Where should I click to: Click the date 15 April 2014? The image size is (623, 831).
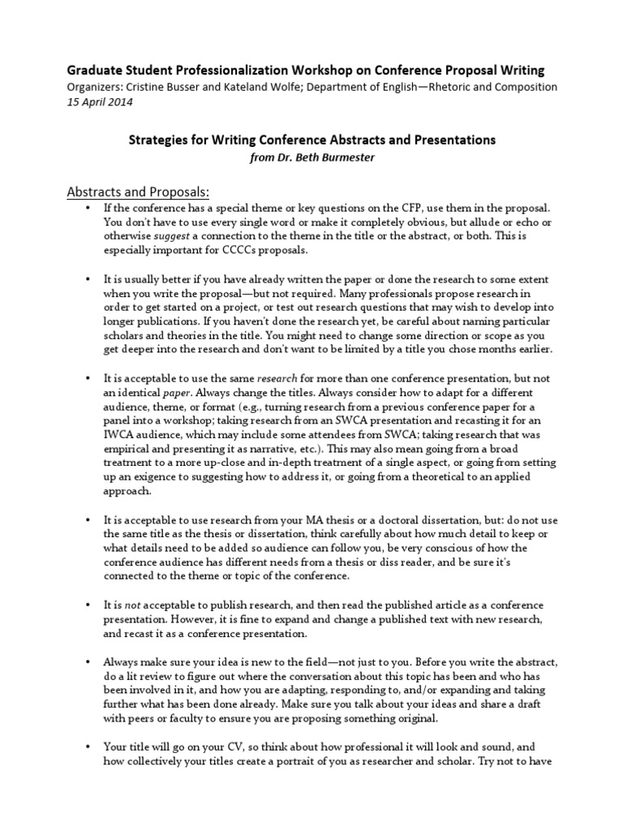(99, 103)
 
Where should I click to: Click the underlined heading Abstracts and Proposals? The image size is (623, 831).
(137, 192)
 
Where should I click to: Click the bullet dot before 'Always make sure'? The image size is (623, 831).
(88, 661)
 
